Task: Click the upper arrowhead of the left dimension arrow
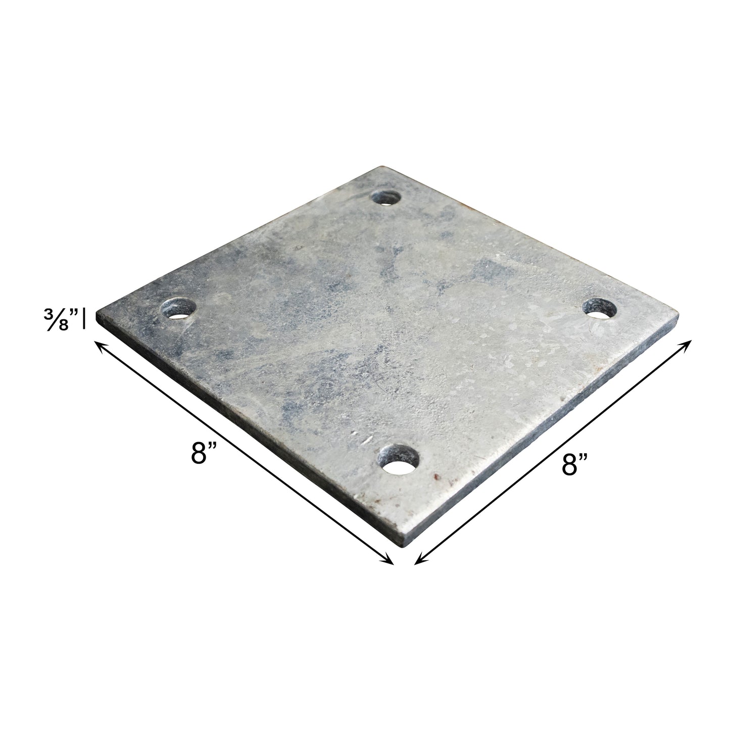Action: [100, 345]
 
